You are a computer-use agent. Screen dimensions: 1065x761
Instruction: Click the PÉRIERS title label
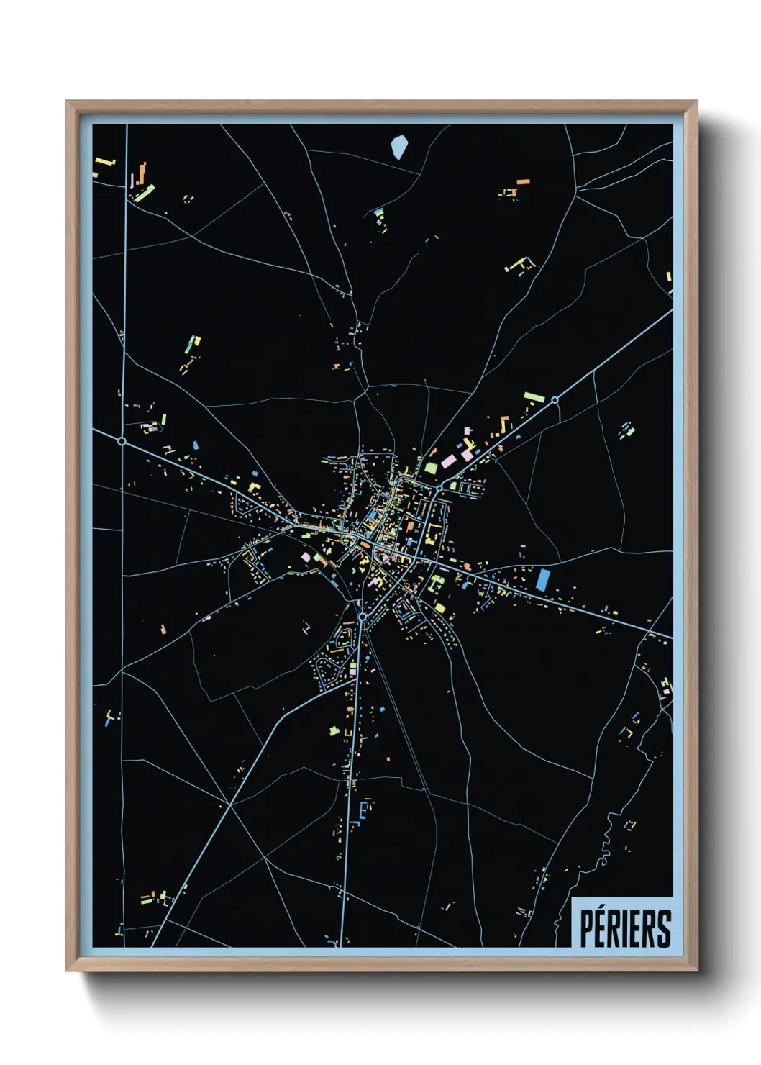624,928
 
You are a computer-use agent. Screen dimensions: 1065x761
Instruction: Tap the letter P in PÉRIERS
586,929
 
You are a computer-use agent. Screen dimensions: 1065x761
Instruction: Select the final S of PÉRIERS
664,929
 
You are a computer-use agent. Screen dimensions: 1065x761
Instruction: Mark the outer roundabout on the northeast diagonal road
555,400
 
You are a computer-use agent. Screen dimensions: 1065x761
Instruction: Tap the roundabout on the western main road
122,440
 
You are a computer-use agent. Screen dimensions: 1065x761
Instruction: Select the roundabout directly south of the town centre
363,617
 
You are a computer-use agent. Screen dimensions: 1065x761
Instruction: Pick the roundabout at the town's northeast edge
439,489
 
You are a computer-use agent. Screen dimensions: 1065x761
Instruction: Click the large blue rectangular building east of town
543,579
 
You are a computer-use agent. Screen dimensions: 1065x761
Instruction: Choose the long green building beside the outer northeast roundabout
534,396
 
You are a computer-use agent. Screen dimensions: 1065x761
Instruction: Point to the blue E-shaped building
363,810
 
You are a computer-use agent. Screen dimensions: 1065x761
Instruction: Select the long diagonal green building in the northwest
145,193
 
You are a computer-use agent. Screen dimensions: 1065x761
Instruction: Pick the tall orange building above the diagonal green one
142,173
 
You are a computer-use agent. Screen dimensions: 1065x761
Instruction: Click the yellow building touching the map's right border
668,276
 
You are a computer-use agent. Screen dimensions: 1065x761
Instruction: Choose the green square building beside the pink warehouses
431,468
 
